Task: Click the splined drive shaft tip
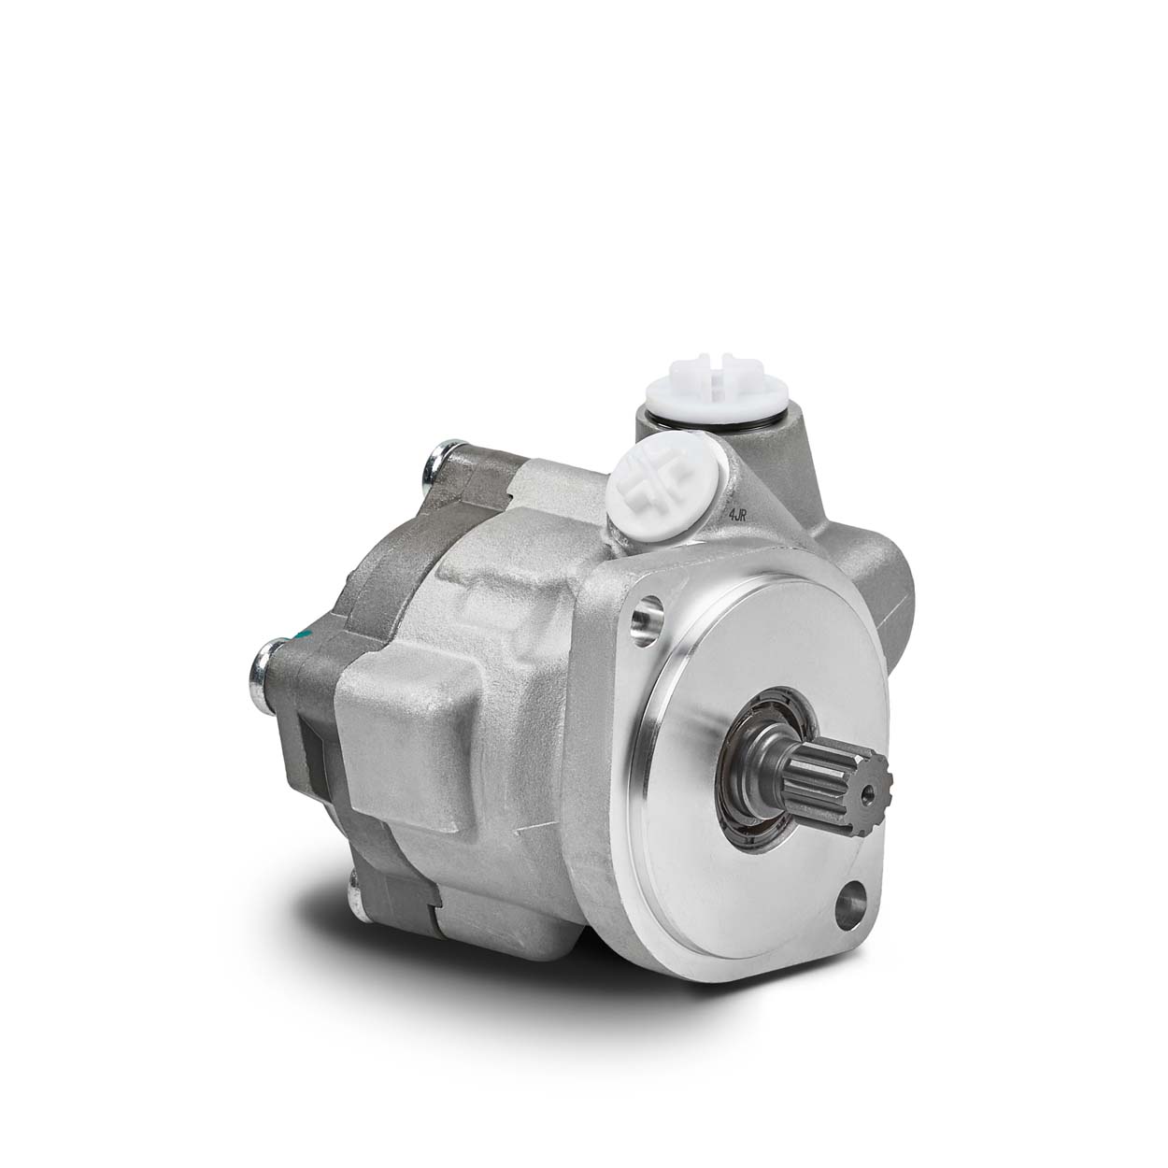[x=835, y=782]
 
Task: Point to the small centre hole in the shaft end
[x=870, y=792]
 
